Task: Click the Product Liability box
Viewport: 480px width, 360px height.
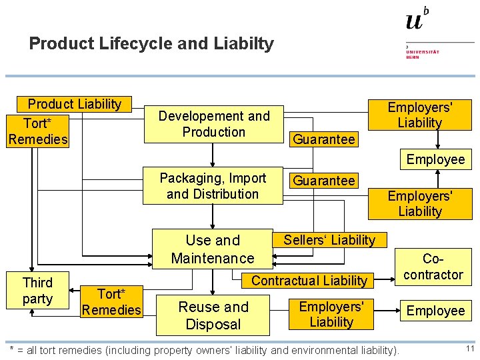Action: [x=74, y=104]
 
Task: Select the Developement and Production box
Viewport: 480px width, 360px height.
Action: [x=214, y=124]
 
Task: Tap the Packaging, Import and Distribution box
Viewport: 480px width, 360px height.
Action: [x=213, y=186]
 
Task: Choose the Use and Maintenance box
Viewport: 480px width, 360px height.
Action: [x=213, y=249]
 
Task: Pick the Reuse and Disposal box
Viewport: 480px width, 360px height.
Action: [x=213, y=315]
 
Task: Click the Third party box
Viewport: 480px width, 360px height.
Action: [x=37, y=291]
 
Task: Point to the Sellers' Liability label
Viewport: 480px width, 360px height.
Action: [x=329, y=240]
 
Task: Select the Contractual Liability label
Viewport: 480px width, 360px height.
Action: [x=309, y=281]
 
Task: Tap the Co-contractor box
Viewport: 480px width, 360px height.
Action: [x=433, y=266]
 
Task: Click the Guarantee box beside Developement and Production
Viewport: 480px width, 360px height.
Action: [x=324, y=139]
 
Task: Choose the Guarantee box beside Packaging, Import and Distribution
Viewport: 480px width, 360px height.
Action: [x=324, y=181]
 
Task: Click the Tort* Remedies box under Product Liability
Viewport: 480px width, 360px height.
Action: [x=38, y=131]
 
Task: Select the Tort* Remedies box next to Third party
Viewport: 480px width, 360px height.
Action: [x=111, y=301]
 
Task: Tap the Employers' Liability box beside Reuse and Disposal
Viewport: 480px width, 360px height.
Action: [x=331, y=314]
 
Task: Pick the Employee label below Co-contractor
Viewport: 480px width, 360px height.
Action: [x=436, y=311]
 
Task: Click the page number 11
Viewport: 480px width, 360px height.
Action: [x=469, y=349]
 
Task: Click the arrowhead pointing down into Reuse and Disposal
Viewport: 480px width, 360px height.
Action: [x=212, y=291]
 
